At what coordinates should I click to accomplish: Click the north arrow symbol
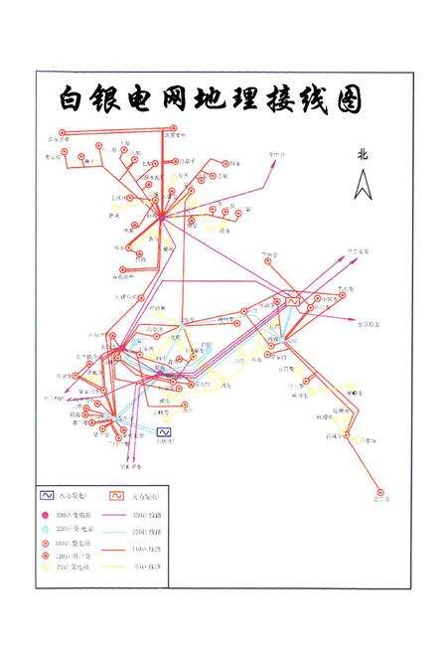click(363, 184)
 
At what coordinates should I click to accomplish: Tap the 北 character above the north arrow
click(363, 154)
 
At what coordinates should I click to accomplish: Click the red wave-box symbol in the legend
click(117, 494)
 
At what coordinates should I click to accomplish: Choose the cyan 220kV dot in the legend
click(46, 530)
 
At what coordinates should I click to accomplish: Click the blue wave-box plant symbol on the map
click(164, 431)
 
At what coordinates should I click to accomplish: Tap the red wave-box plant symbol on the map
click(292, 299)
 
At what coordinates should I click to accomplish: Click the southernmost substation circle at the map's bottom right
click(378, 491)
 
